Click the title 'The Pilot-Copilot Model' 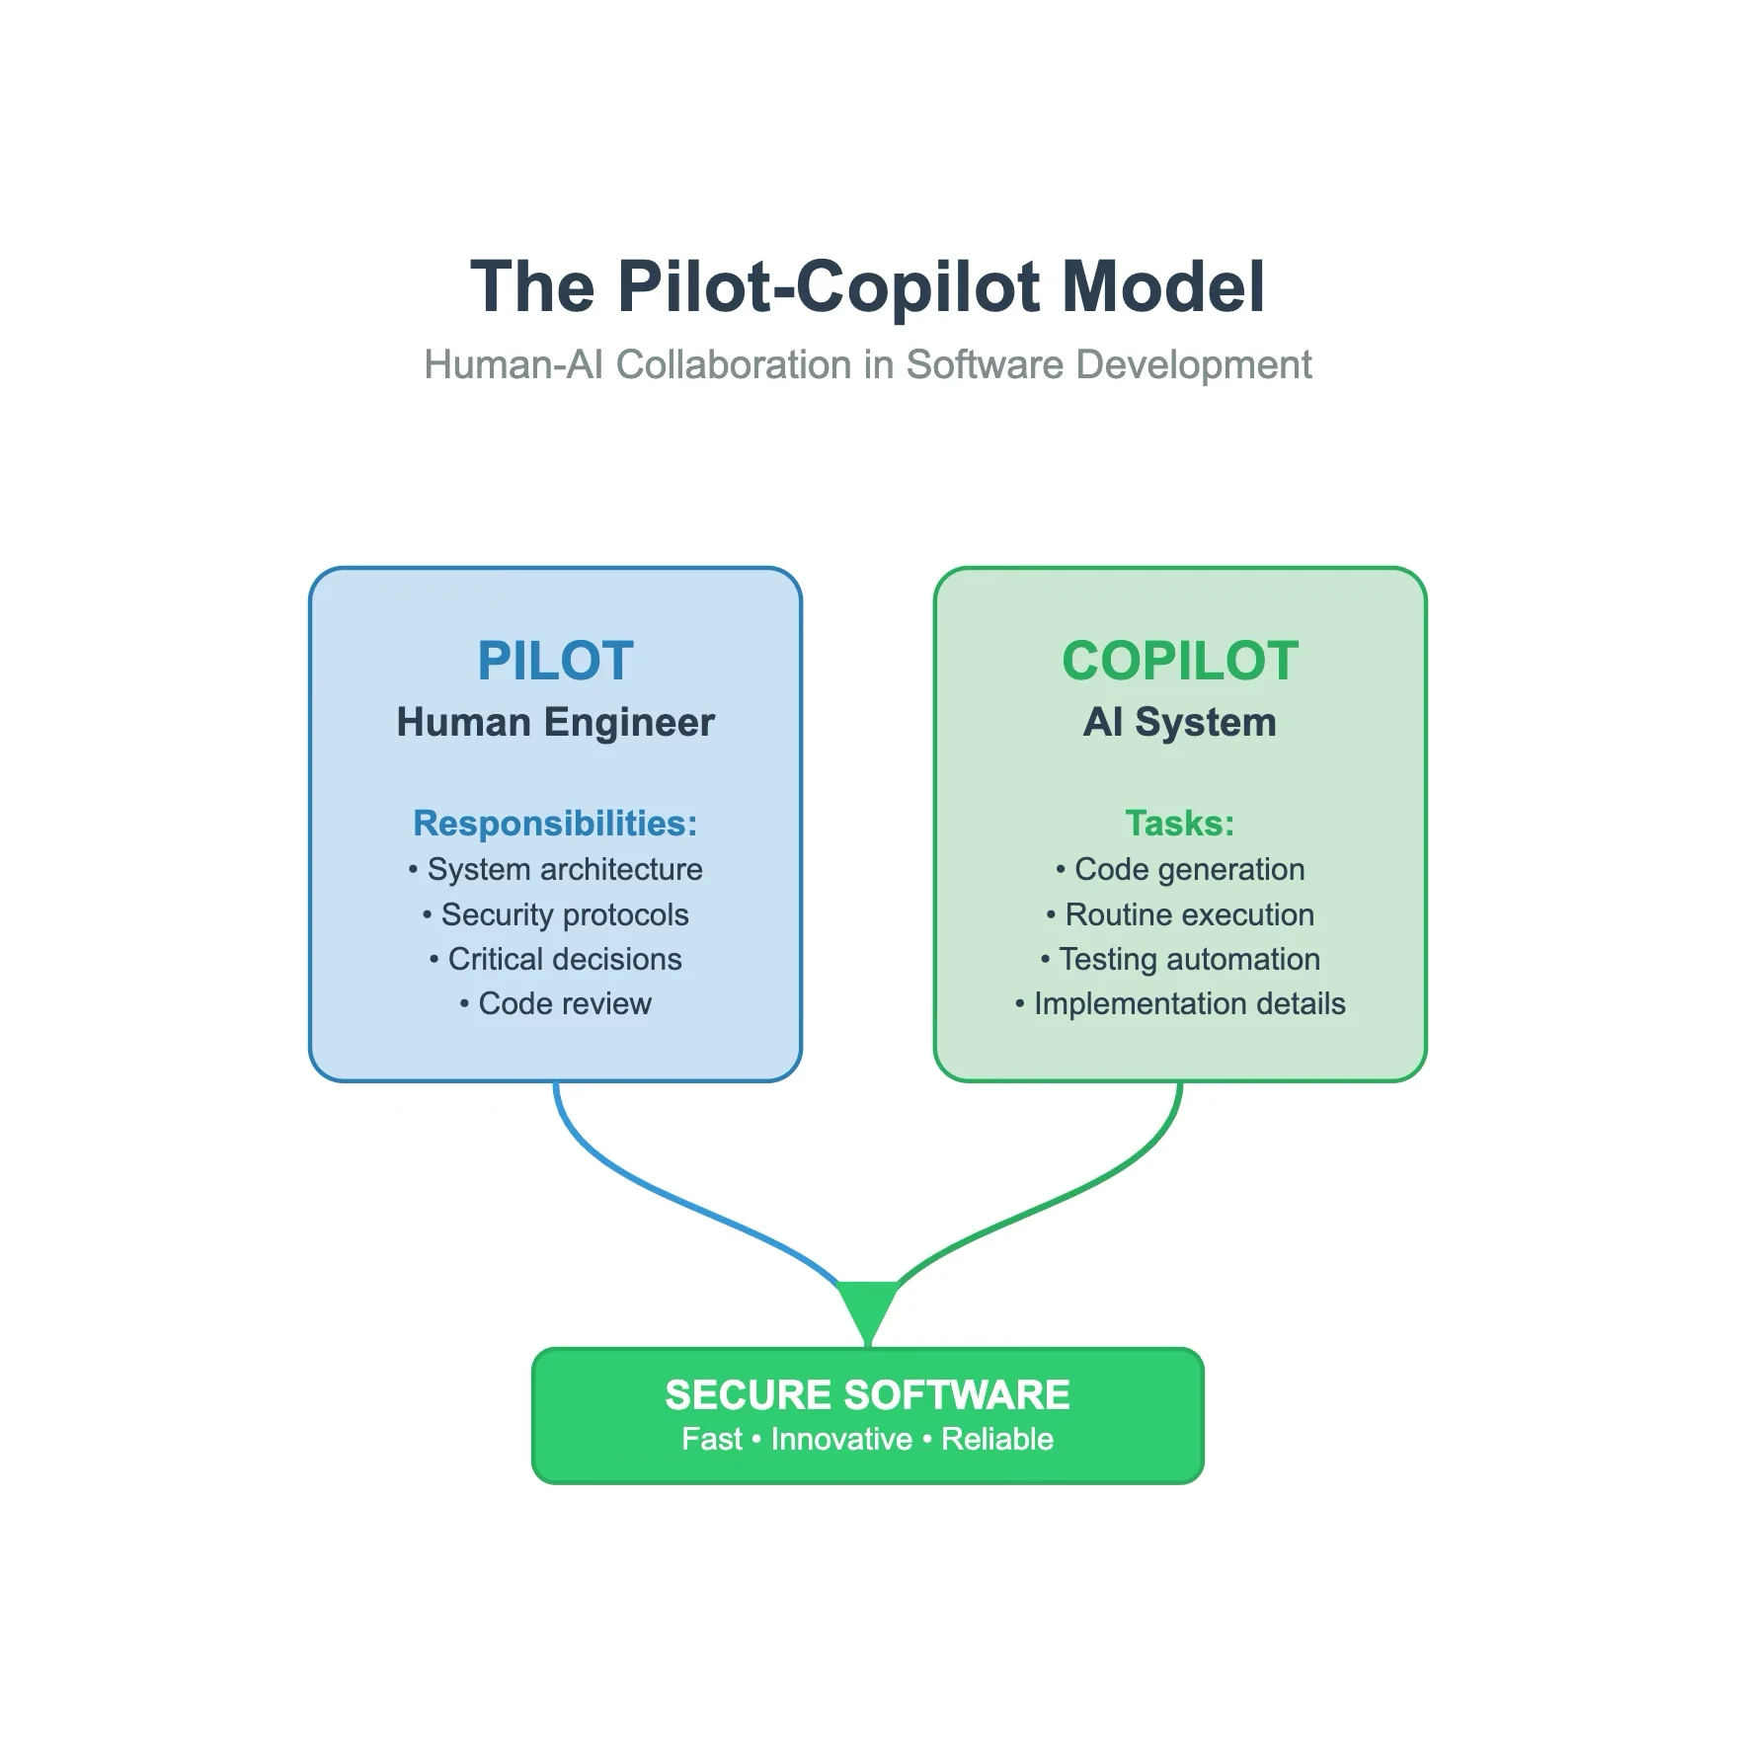[867, 286]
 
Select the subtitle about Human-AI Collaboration [867, 364]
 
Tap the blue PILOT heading [555, 661]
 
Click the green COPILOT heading [1179, 661]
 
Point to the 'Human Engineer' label [555, 722]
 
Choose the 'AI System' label [1179, 722]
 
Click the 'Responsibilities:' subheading [555, 823]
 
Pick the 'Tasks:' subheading [1179, 823]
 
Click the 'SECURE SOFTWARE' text [867, 1395]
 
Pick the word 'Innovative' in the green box [841, 1439]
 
